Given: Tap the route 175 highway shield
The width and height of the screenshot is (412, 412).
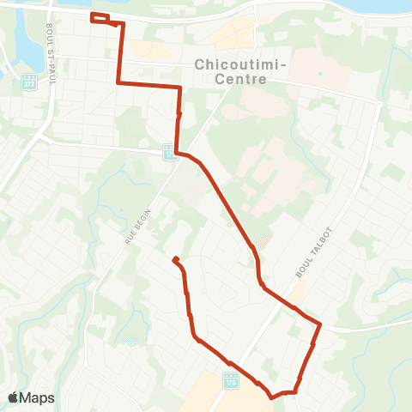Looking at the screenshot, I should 230,381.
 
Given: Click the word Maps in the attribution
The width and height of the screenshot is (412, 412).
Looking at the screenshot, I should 39,397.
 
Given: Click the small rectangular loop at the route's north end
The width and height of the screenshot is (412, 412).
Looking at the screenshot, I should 100,19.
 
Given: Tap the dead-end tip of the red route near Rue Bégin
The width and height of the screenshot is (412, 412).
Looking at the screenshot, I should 175,259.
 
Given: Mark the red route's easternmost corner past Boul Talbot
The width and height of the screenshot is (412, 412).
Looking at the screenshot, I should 320,324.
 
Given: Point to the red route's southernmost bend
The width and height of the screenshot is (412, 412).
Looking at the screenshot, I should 272,397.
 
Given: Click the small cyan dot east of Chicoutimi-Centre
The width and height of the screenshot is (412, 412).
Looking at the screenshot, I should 320,73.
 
